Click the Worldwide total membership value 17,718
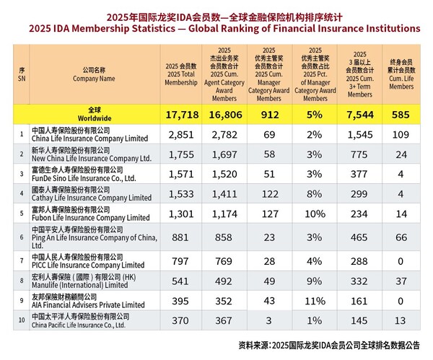point(181,114)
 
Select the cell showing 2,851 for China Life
point(181,135)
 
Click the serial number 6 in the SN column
point(22,237)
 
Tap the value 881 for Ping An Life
point(181,237)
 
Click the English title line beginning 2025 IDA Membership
point(216,28)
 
